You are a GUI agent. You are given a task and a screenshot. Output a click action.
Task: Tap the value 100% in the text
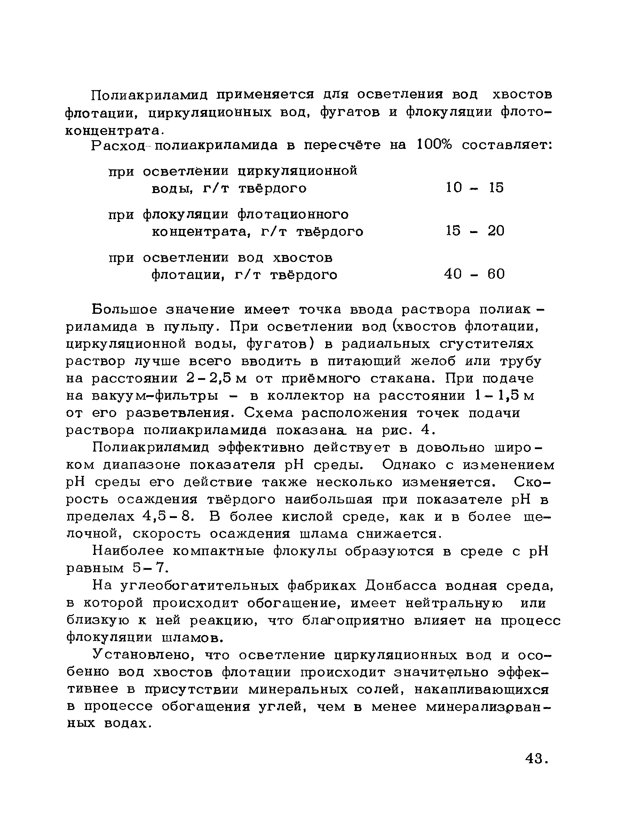click(434, 145)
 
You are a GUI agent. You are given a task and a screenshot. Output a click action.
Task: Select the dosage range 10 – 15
click(475, 188)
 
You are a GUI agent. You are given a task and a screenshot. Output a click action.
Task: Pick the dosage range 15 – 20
click(475, 231)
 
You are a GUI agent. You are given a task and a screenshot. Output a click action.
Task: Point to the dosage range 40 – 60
click(474, 274)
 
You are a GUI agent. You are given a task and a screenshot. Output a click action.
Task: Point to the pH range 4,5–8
click(168, 517)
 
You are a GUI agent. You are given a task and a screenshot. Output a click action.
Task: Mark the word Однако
click(409, 465)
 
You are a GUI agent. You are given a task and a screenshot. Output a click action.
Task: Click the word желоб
click(433, 361)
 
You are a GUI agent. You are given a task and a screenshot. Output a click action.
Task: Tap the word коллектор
click(306, 396)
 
